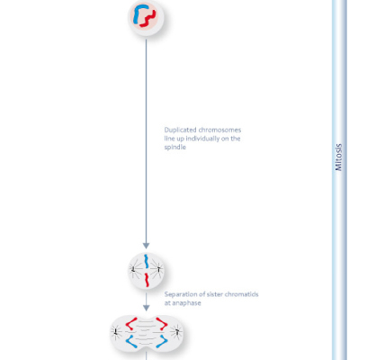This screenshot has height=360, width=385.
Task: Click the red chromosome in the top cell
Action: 148,20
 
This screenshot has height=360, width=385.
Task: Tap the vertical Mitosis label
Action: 338,157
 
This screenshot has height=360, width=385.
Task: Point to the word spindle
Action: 175,147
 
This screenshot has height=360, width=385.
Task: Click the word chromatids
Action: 241,294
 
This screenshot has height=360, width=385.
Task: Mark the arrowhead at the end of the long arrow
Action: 146,246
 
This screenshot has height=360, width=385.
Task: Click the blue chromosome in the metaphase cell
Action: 146,261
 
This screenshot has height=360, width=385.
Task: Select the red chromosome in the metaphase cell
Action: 147,280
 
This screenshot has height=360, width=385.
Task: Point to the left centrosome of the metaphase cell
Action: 133,269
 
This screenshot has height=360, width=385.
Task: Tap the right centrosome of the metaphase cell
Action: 158,269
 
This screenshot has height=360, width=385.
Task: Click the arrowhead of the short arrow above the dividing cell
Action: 147,308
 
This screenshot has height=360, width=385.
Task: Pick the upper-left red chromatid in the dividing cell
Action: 131,323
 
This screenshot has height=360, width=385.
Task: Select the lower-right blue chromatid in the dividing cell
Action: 162,341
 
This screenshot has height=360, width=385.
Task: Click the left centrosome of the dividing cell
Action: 116,332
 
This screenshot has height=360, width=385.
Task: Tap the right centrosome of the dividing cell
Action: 177,332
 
